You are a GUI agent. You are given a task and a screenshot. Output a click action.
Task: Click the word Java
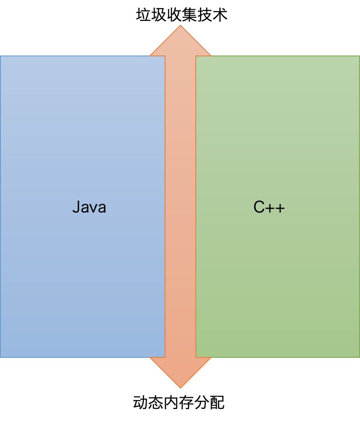[89, 207]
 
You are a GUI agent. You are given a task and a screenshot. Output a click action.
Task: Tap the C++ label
[269, 207]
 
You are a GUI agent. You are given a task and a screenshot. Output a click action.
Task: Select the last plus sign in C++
[280, 208]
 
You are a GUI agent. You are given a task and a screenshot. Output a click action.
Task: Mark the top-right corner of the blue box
[165, 56]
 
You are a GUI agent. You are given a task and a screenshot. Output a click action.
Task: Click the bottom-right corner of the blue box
[165, 357]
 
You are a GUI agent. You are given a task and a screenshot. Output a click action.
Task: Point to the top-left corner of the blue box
[0, 56]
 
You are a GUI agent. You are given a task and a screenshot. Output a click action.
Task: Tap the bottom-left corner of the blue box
[0, 357]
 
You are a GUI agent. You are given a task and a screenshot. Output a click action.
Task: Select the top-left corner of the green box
[196, 56]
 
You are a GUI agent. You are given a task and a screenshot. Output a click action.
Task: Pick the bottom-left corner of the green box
[196, 357]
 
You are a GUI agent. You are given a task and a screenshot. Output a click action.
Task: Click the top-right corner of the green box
[359, 56]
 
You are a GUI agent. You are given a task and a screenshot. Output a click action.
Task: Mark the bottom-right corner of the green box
[359, 357]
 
